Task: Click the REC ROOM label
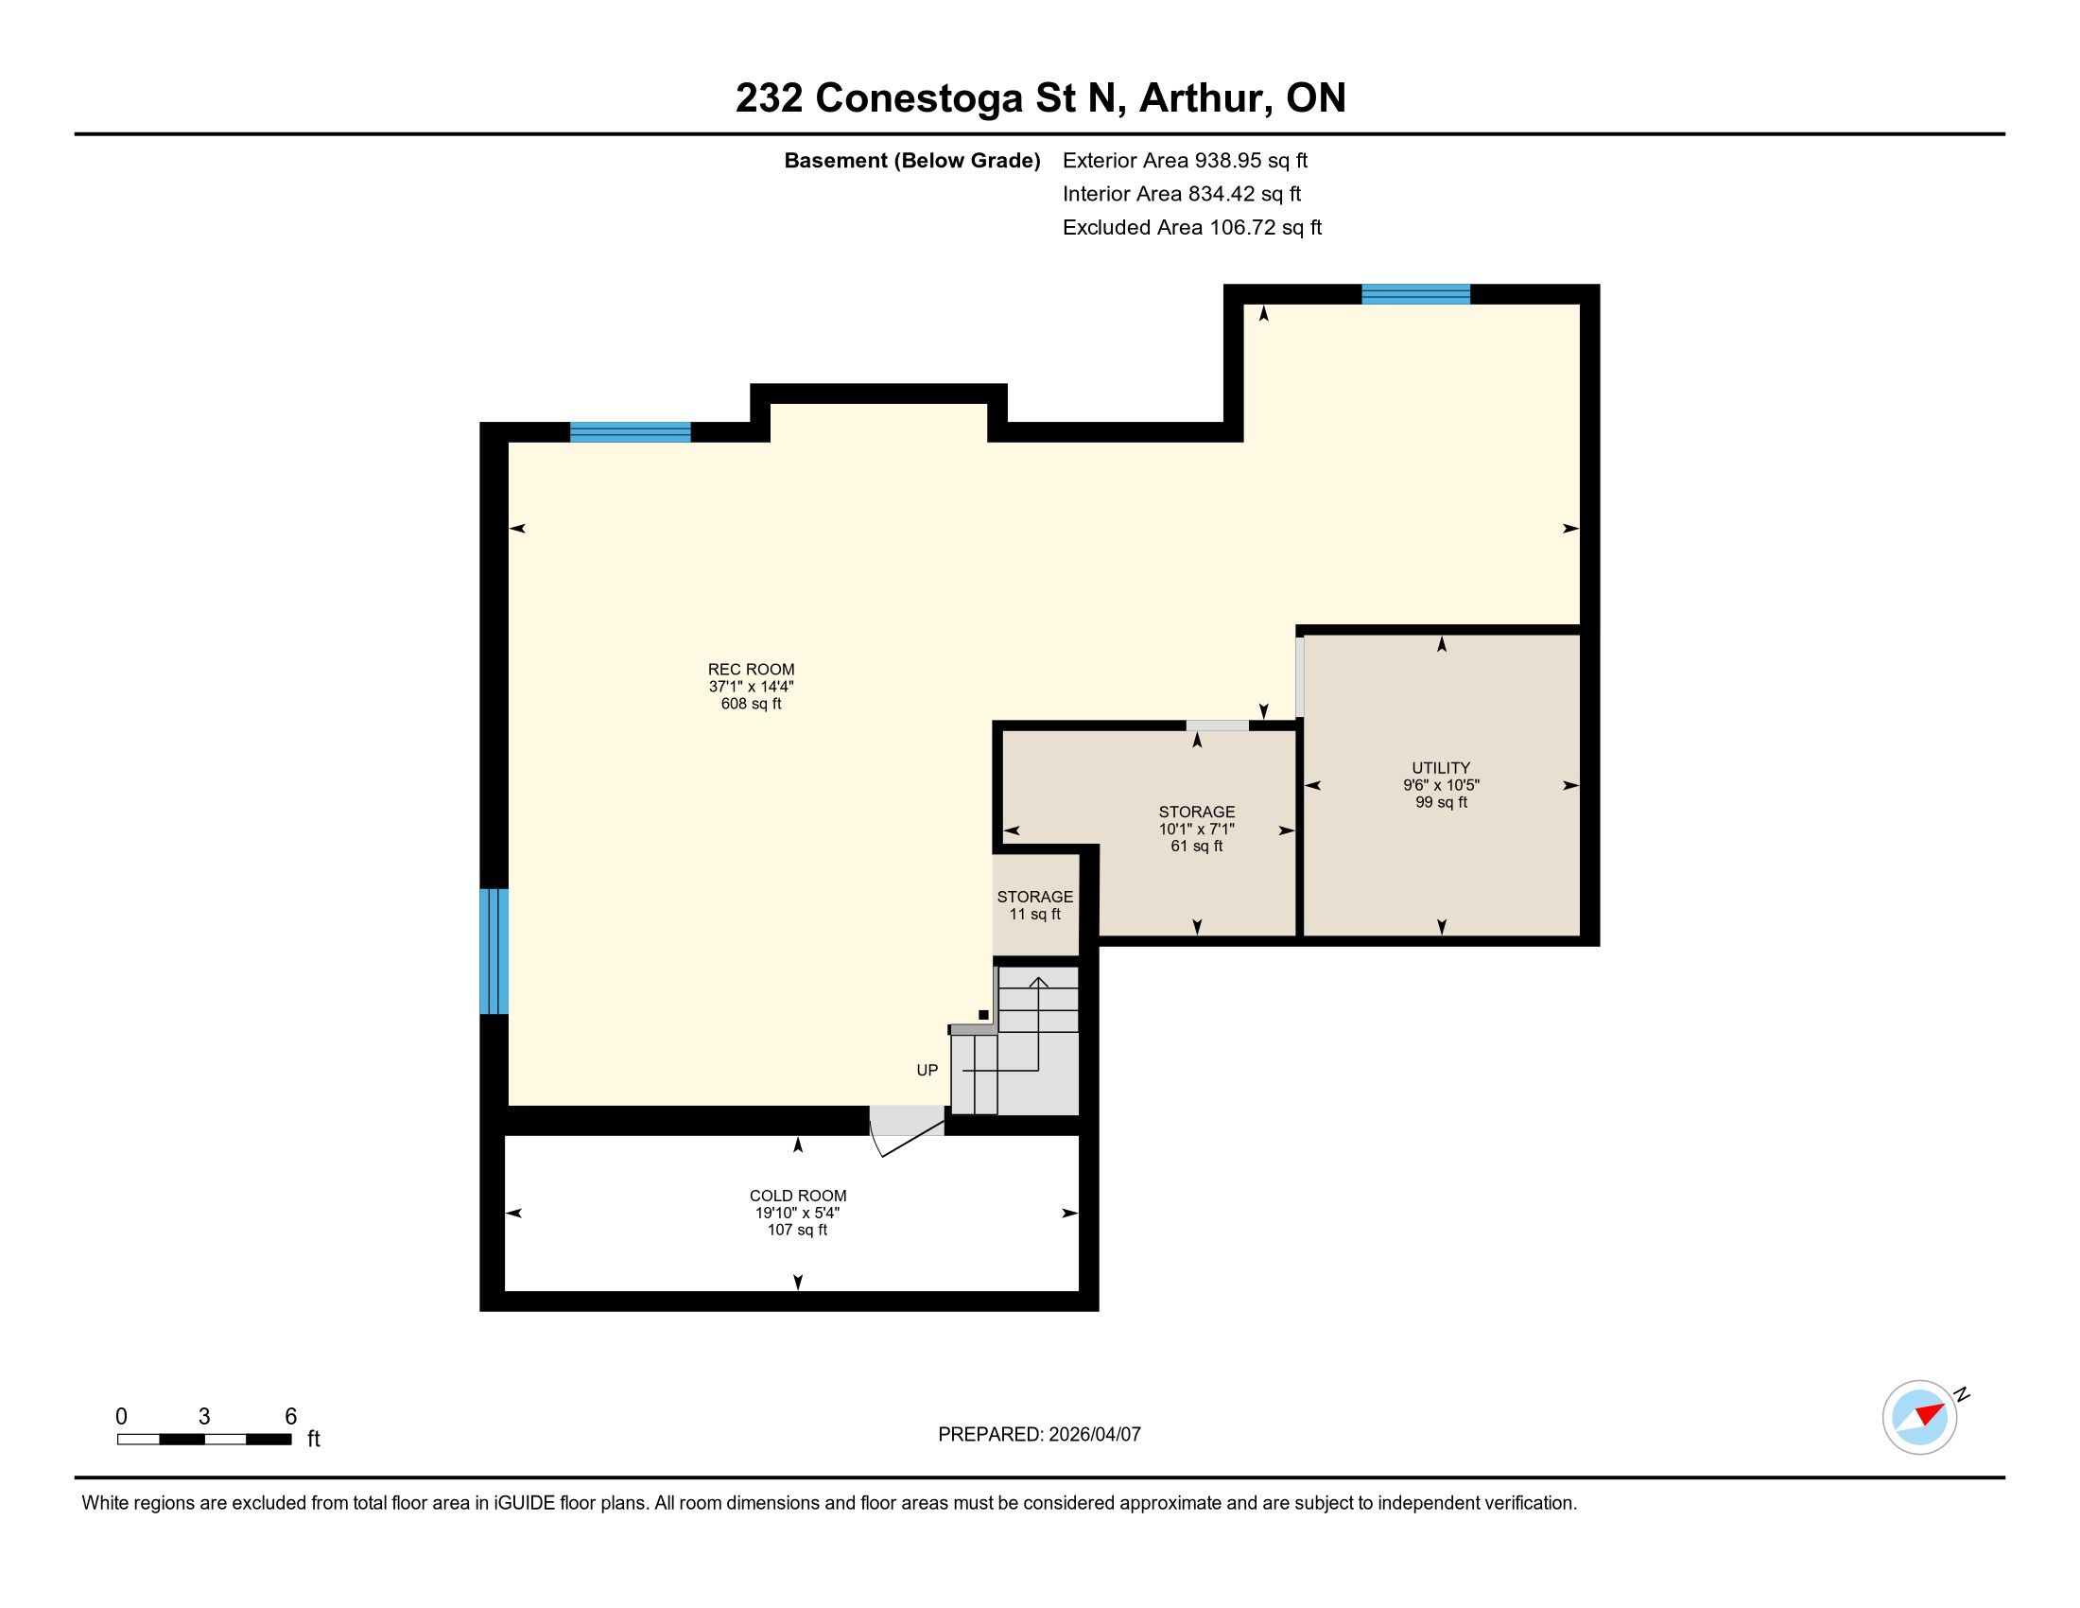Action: click(x=751, y=670)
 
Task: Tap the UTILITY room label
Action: click(x=1441, y=768)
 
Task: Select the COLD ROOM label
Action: click(x=798, y=1196)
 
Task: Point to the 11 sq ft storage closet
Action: click(x=1035, y=905)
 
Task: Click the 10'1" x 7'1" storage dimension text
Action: click(x=1197, y=829)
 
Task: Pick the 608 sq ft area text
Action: click(x=752, y=704)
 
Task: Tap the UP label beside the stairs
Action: click(x=927, y=1070)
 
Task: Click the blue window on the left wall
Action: click(x=494, y=951)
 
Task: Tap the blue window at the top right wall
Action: click(x=1416, y=294)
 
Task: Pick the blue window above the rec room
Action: click(x=631, y=432)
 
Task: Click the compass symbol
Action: click(x=1921, y=1418)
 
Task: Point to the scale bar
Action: click(x=205, y=1440)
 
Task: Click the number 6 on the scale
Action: click(x=291, y=1417)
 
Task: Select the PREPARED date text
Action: click(x=1039, y=1435)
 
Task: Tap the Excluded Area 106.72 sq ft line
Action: click(x=1192, y=228)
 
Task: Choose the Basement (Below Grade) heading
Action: click(x=912, y=161)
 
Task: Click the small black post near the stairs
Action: click(x=984, y=1016)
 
